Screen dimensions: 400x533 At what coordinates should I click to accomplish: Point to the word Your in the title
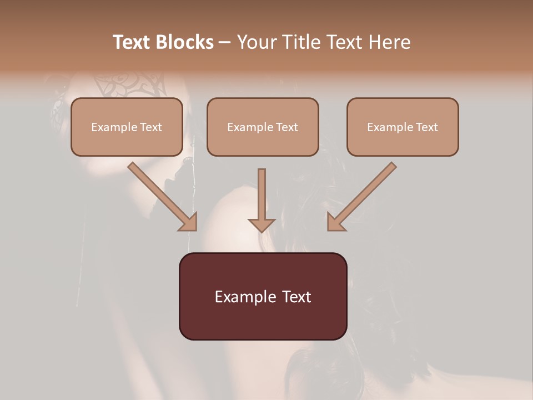pyautogui.click(x=257, y=42)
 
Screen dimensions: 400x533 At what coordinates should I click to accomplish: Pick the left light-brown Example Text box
pyautogui.click(x=127, y=127)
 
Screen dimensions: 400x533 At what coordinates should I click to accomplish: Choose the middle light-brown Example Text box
pyautogui.click(x=263, y=127)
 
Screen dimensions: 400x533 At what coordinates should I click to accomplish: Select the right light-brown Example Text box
pyautogui.click(x=403, y=127)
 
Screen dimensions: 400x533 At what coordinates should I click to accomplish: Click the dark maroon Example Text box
pyautogui.click(x=263, y=296)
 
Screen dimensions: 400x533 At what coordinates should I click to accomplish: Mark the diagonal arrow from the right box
pyautogui.click(x=364, y=194)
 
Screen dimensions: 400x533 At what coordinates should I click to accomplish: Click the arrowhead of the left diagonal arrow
pyautogui.click(x=188, y=222)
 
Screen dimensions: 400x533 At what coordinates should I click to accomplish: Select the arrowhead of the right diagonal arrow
pyautogui.click(x=335, y=222)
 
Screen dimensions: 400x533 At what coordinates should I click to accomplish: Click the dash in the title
pyautogui.click(x=225, y=42)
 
